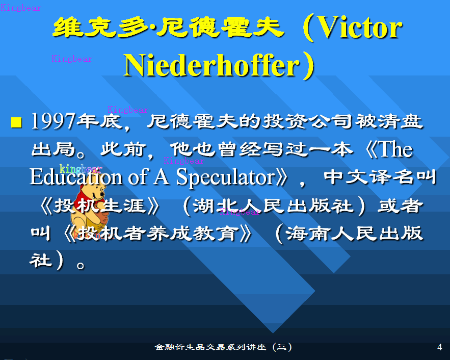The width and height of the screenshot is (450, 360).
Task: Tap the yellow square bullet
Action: coord(16,122)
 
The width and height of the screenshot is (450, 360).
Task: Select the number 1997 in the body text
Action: coord(54,121)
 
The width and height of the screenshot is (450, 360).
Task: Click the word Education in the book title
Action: coord(76,176)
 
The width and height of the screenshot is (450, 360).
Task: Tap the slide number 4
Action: coord(439,347)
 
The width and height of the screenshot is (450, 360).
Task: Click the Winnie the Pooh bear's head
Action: coord(92,193)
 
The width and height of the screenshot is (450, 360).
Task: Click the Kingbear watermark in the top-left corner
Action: coord(21,8)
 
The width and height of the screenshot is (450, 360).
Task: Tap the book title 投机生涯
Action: coord(99,206)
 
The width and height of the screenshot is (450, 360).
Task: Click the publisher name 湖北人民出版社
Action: coord(274,206)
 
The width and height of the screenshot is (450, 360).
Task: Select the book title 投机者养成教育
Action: coord(158,233)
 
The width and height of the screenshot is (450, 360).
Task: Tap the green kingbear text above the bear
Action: coord(81,168)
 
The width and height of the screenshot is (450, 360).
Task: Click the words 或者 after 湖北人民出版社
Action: coord(400,205)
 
